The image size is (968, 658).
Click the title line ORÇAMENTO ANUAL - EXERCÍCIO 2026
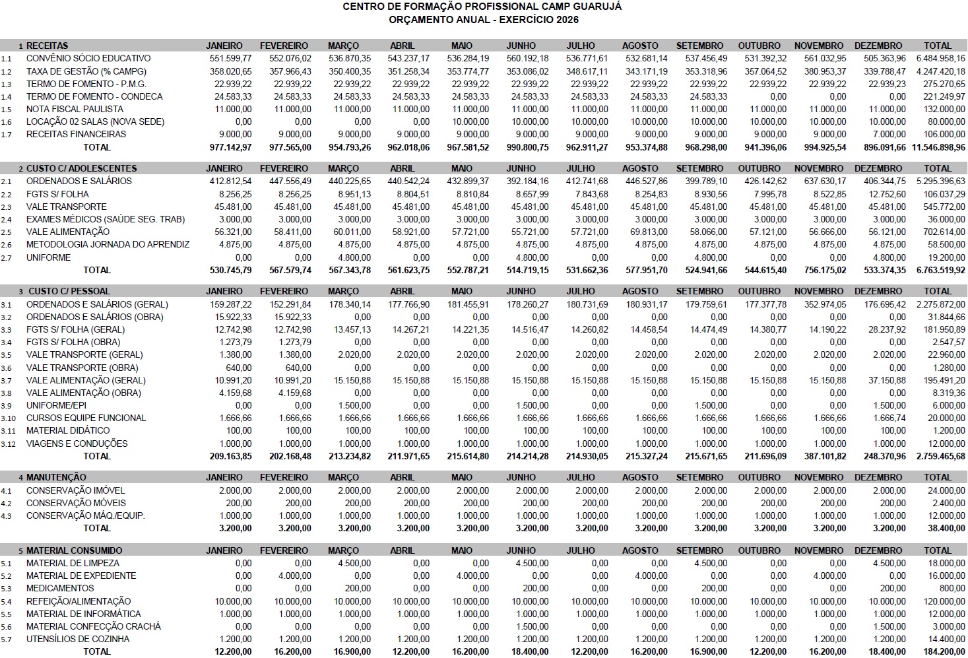[x=484, y=20]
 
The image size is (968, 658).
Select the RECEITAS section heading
[x=47, y=46]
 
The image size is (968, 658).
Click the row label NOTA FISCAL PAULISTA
[x=75, y=109]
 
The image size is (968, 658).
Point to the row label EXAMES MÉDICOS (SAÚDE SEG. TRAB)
[x=106, y=219]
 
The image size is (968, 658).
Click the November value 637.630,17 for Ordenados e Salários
[x=821, y=181]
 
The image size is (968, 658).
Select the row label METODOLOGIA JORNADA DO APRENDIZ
[x=108, y=244]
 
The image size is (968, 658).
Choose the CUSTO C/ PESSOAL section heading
[x=69, y=291]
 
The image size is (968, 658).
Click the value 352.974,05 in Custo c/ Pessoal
[x=821, y=304]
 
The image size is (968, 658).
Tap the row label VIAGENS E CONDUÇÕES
[x=77, y=444]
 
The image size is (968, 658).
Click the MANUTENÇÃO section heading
[x=56, y=477]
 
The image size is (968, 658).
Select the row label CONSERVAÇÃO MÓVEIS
[x=76, y=503]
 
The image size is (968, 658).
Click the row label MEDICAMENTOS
[x=60, y=588]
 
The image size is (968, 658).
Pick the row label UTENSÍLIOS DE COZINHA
[x=78, y=639]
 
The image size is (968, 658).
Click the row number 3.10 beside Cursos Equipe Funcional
[x=8, y=418]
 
